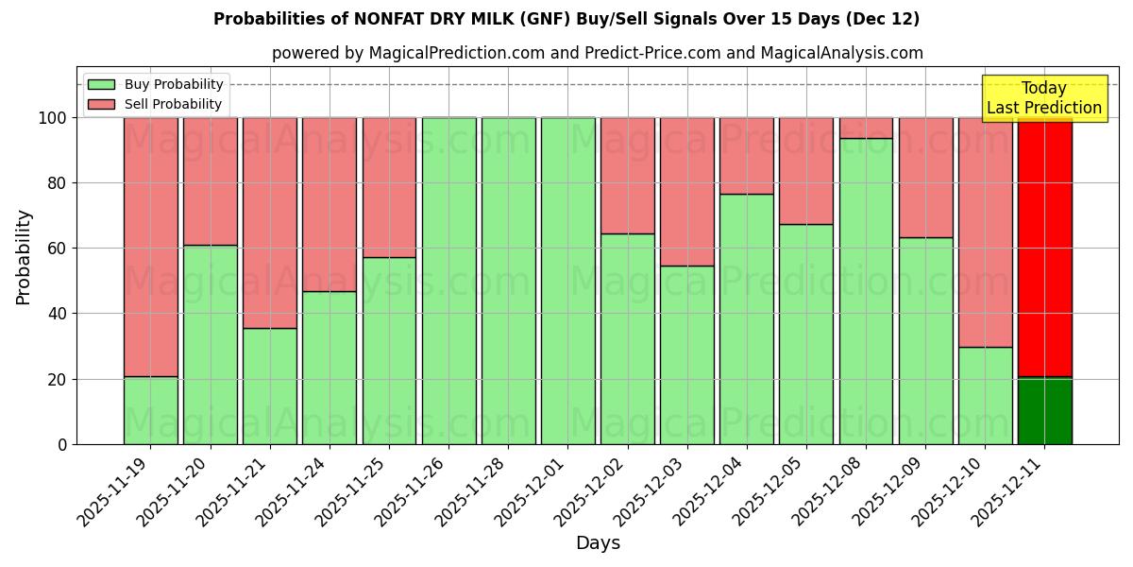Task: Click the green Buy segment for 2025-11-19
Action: [x=150, y=410]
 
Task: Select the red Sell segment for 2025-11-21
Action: [x=270, y=223]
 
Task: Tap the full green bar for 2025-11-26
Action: [x=448, y=281]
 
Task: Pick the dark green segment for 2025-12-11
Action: [x=1044, y=411]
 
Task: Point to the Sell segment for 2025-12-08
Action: [x=866, y=128]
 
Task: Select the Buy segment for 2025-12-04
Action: [x=746, y=318]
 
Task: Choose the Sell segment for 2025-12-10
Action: [x=985, y=232]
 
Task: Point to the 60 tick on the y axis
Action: [x=59, y=249]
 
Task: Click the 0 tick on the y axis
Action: [x=63, y=444]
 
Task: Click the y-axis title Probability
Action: [x=24, y=257]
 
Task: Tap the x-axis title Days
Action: [x=598, y=543]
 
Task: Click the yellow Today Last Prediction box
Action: [x=1044, y=98]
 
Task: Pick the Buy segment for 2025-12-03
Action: [x=686, y=354]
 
